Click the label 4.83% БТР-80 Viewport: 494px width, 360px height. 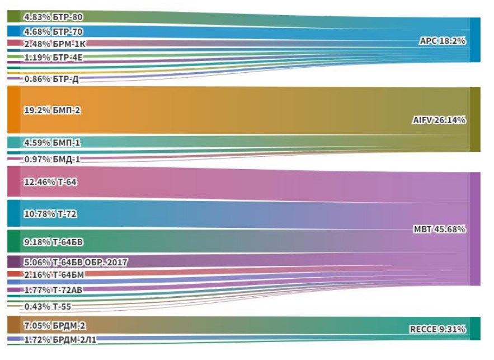click(x=53, y=17)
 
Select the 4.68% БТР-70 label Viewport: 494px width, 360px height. click(x=53, y=31)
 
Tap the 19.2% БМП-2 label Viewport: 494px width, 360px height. click(x=52, y=110)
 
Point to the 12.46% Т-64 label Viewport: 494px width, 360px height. click(x=50, y=182)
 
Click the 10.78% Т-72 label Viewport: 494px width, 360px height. click(x=50, y=214)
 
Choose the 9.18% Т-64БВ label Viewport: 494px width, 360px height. click(x=54, y=242)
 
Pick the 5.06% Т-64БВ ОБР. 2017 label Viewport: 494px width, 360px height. click(x=76, y=262)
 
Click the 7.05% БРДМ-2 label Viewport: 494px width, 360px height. click(x=54, y=325)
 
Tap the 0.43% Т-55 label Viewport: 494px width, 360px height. click(x=48, y=306)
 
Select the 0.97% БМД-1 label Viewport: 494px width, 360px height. click(x=52, y=159)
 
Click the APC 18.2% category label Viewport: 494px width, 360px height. click(x=443, y=41)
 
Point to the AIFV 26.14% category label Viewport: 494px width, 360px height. click(x=439, y=120)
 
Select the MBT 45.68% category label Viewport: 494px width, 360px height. click(x=440, y=229)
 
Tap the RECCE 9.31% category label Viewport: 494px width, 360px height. click(x=437, y=329)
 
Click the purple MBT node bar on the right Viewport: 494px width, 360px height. click(x=475, y=229)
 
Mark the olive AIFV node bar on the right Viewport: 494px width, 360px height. click(x=475, y=119)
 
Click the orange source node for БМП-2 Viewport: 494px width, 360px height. click(x=13, y=110)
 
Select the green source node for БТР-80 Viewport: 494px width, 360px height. click(x=13, y=16)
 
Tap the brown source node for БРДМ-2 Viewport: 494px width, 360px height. click(x=13, y=325)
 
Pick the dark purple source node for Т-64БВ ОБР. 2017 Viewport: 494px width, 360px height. click(x=13, y=261)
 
